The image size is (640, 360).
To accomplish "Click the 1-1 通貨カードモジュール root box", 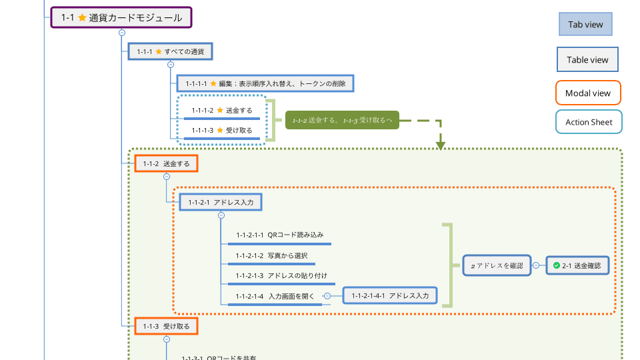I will (121, 18).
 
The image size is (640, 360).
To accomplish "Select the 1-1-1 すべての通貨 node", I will (171, 51).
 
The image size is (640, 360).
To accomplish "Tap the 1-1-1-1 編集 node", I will (265, 83).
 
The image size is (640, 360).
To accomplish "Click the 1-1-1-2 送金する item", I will (222, 111).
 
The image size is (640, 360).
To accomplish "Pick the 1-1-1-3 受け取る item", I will (222, 131).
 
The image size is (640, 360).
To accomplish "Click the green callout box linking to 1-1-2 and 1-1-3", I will (342, 120).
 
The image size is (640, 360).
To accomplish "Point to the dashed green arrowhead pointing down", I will (440, 144).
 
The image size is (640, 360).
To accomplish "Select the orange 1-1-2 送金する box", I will (166, 163).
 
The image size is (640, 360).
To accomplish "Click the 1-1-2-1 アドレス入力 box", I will (221, 201).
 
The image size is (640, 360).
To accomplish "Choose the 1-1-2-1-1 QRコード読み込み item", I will (279, 235).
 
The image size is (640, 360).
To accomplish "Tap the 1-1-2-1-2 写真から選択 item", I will (271, 255).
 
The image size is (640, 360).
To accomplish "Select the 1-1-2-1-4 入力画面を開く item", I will (275, 296).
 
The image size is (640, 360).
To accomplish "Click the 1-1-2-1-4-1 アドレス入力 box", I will (390, 295).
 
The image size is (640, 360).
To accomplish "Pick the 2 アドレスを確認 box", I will (497, 265).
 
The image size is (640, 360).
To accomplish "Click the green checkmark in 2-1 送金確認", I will (556, 265).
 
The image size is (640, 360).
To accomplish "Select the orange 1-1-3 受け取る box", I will (166, 326).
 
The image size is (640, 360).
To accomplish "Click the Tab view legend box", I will (585, 25).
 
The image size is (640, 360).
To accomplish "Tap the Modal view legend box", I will (587, 93).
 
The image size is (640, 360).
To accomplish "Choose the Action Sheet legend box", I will (589, 122).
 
